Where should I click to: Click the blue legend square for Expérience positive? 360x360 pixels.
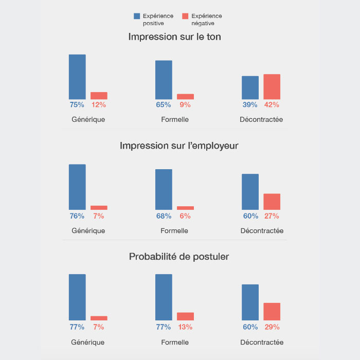tap(137, 16)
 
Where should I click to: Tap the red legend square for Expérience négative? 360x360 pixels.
tap(185, 16)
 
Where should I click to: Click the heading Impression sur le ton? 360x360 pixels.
tap(175, 37)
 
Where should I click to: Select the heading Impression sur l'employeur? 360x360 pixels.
tap(179, 146)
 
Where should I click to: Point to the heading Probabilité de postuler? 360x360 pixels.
tap(179, 256)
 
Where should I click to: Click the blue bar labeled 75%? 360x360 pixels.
tap(77, 77)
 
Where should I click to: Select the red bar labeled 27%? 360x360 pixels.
tap(272, 202)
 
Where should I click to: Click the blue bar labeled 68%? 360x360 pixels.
tap(164, 189)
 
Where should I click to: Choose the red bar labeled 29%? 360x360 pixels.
tap(272, 312)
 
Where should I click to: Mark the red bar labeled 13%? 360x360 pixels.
tap(185, 316)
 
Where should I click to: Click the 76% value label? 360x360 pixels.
tap(77, 216)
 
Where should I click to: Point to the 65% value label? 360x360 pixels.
tap(164, 105)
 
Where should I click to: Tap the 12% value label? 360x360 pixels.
tap(99, 105)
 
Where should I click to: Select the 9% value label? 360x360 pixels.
tap(185, 105)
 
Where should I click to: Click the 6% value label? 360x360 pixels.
tap(185, 216)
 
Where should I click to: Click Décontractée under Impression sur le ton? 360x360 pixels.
tap(261, 120)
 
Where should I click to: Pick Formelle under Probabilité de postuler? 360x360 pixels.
tap(174, 342)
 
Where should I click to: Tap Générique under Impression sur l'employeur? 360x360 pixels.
tap(88, 231)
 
